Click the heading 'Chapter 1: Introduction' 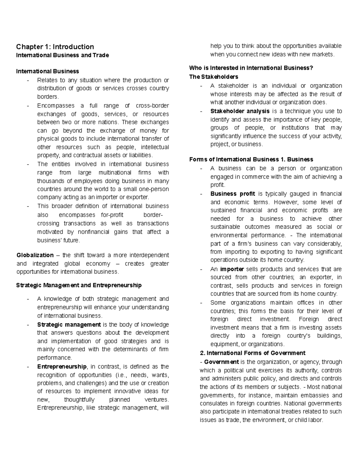(55, 47)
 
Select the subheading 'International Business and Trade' (62, 55)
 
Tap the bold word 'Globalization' (35, 255)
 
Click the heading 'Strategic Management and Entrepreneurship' (79, 285)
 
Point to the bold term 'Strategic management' (69, 325)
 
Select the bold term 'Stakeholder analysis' (240, 111)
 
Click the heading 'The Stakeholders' (214, 77)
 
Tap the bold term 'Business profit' (233, 194)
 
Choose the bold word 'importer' (232, 269)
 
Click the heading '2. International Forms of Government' (252, 353)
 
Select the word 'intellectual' (155, 147)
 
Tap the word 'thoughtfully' (79, 400)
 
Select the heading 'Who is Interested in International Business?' (251, 68)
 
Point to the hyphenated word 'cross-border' (152, 106)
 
